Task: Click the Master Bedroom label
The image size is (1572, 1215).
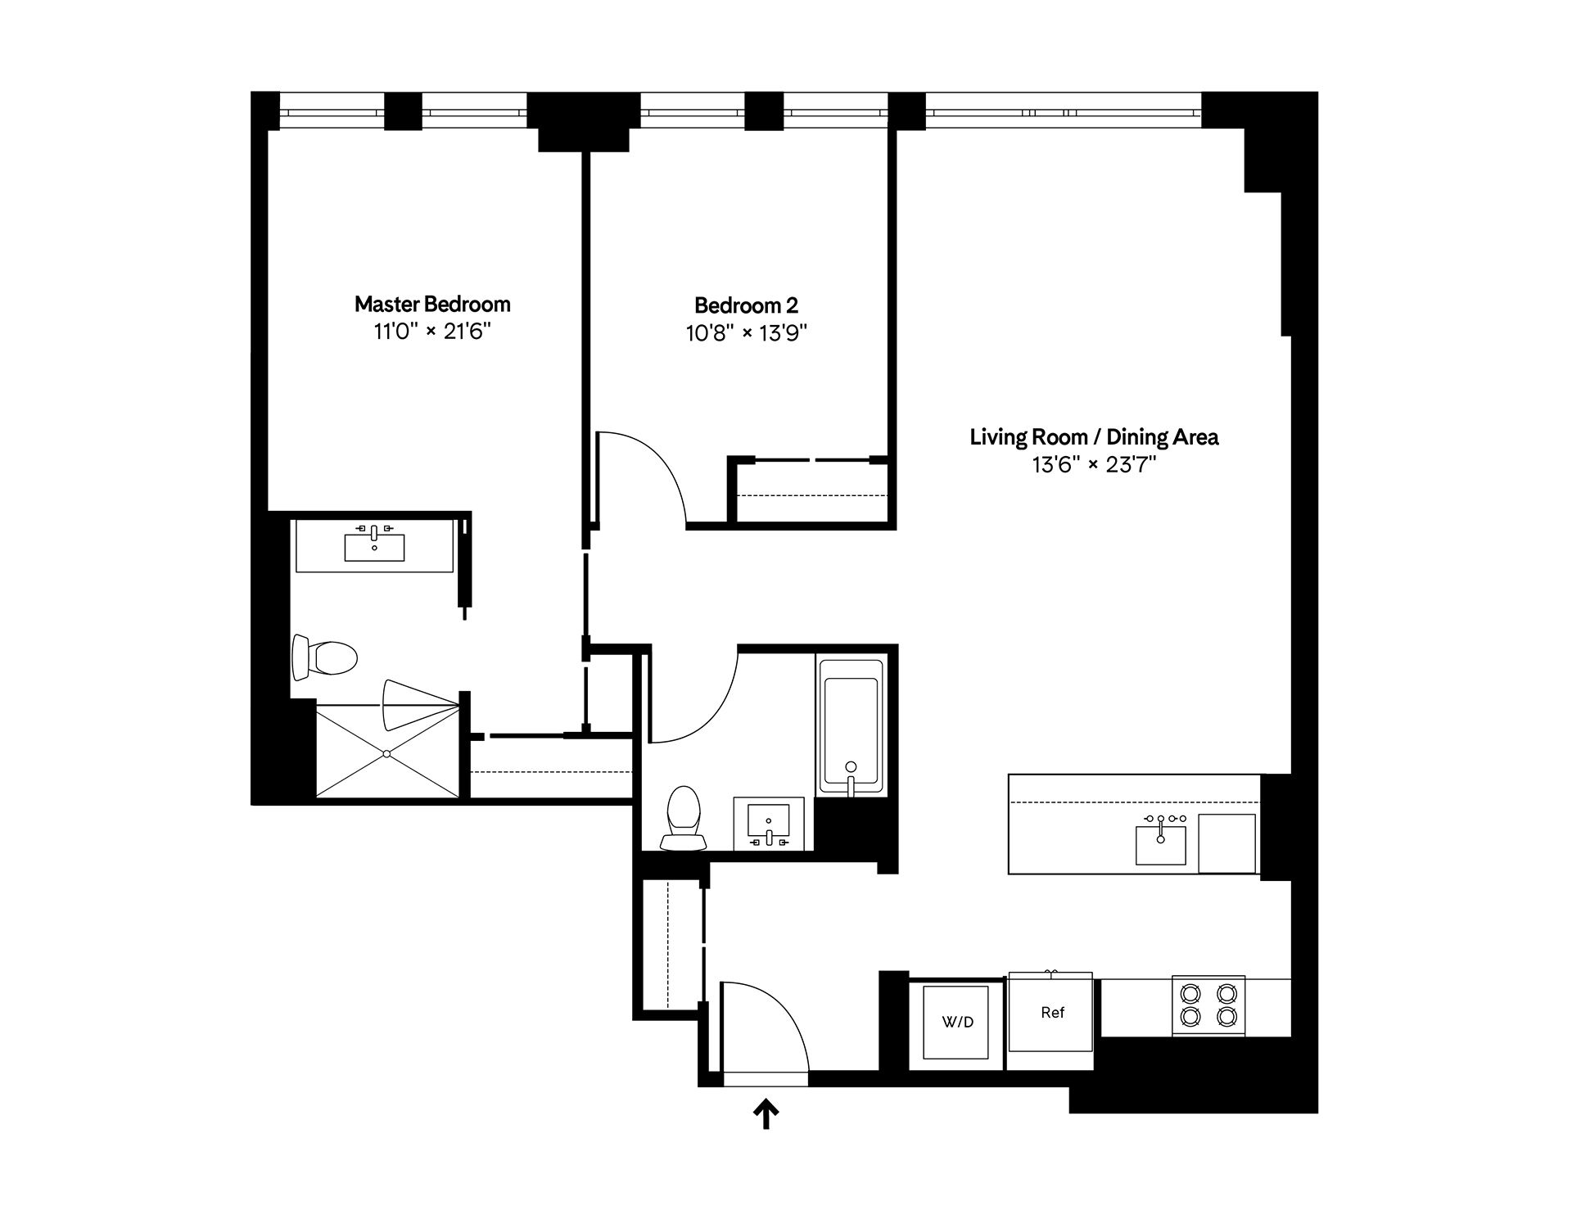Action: tap(432, 305)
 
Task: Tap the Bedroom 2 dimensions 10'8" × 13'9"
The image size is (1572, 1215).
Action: tap(746, 333)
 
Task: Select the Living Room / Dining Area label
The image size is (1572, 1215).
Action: tap(1094, 437)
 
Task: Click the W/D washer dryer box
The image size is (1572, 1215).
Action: tap(957, 1023)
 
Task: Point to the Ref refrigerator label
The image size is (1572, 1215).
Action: tap(1052, 1013)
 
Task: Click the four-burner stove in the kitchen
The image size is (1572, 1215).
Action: tap(1208, 1005)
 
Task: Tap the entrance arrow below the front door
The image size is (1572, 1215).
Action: tap(766, 1114)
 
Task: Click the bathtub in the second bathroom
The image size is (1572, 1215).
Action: tap(851, 725)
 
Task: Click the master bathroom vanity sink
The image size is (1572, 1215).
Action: tap(374, 547)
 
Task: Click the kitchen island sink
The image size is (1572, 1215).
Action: tap(1160, 844)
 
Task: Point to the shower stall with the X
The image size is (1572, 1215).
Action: tap(387, 752)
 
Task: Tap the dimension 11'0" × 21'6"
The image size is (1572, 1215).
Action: tap(432, 332)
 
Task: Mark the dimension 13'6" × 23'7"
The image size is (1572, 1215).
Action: tap(1094, 465)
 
